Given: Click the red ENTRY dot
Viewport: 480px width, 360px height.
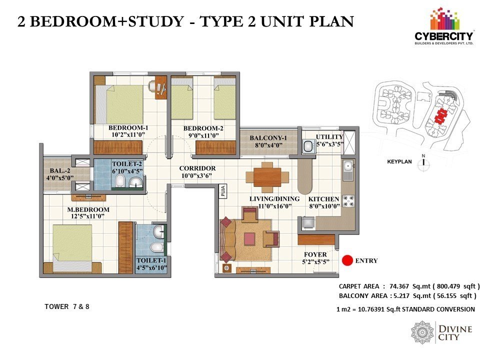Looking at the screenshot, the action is (x=347, y=260).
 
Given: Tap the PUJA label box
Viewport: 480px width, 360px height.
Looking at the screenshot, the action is (x=223, y=191).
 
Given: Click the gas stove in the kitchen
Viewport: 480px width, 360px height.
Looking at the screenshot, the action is (x=348, y=201).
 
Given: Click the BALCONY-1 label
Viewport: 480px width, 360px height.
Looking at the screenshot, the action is (x=268, y=138).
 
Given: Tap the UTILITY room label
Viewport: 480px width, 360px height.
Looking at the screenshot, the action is (x=329, y=137).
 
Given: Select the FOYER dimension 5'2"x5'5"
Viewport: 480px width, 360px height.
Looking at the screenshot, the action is (x=315, y=261).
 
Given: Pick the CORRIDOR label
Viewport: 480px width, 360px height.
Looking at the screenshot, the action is (x=197, y=168).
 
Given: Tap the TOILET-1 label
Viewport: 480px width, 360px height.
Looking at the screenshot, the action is (x=151, y=260).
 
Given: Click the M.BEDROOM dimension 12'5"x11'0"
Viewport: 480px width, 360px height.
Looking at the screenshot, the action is (x=86, y=216).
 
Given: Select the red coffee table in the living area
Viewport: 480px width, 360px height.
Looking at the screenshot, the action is (x=250, y=239).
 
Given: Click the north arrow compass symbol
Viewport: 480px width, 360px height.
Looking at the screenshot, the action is (x=423, y=163).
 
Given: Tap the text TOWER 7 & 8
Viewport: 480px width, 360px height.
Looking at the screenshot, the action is (x=66, y=306).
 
